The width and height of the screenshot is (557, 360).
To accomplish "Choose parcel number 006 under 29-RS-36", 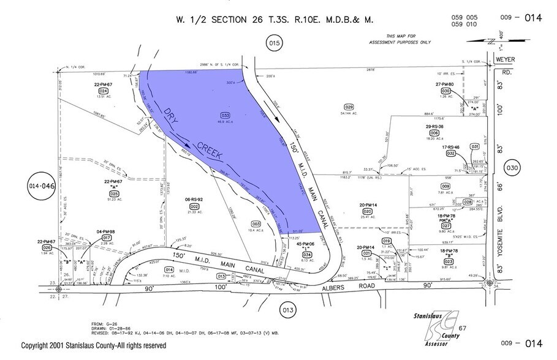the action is [434, 133].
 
